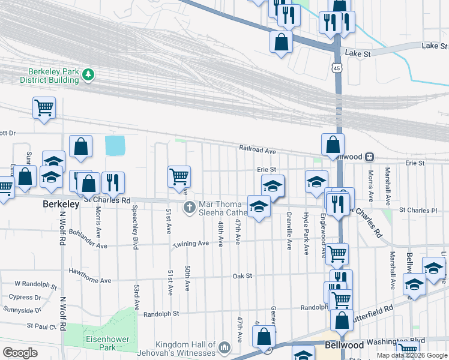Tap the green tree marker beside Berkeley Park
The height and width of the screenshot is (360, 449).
click(89, 74)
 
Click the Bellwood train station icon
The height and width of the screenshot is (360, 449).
click(370, 157)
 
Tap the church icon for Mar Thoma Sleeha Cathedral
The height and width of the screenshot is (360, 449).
click(189, 208)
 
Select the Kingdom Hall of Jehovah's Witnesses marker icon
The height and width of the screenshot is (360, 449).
click(224, 347)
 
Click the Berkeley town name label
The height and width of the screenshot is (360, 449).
click(61, 205)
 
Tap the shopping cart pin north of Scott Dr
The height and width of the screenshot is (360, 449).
click(44, 108)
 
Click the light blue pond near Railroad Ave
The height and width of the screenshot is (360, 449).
click(115, 145)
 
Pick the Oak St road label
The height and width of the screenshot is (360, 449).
click(242, 276)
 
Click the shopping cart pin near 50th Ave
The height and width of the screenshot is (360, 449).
click(179, 176)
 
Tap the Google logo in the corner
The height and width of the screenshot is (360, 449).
click(20, 353)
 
